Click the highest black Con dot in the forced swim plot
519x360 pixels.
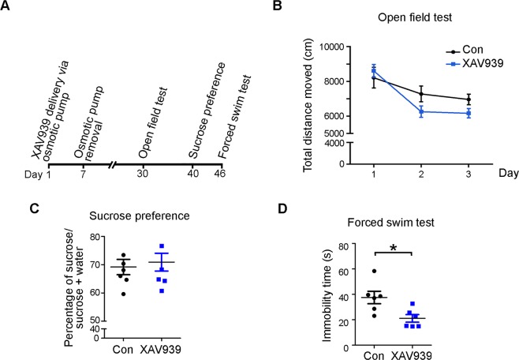[374, 271]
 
